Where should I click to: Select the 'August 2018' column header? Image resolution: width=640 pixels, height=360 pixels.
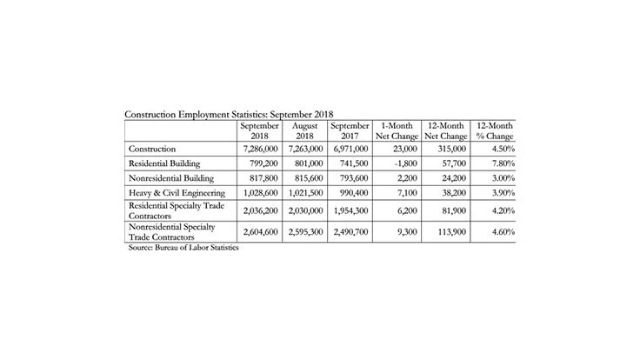(x=304, y=130)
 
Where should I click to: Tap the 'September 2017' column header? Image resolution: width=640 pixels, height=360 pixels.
(x=350, y=130)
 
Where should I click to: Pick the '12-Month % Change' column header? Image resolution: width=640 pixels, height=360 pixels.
(x=492, y=130)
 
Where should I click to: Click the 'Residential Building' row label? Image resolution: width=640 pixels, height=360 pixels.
(x=165, y=163)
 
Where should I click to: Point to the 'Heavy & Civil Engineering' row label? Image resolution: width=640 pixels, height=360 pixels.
(x=177, y=192)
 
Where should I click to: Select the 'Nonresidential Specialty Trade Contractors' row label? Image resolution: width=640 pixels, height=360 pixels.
(x=173, y=232)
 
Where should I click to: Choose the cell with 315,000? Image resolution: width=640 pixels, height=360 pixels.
(x=450, y=148)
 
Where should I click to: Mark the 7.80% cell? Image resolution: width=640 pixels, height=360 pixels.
(x=497, y=163)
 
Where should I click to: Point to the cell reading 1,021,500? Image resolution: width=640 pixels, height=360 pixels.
(x=305, y=192)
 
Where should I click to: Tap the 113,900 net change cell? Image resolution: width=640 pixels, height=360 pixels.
(x=450, y=232)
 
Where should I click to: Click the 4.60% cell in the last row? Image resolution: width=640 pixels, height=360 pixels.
(x=497, y=232)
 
